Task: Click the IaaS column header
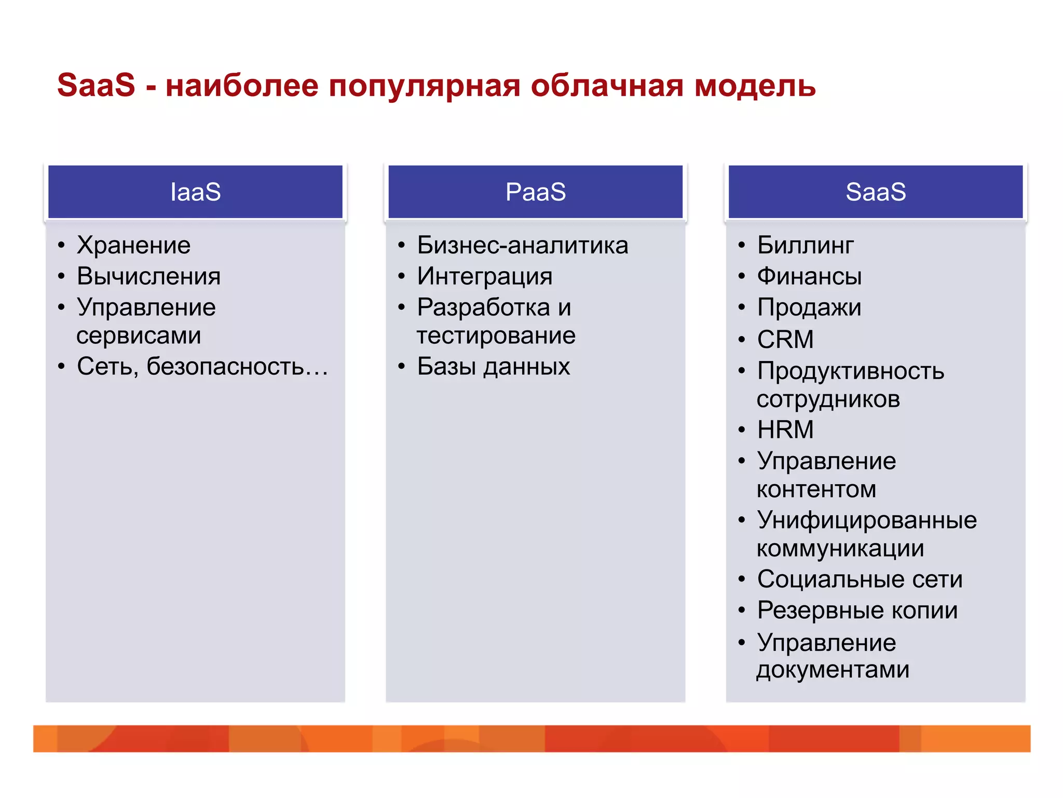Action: [x=195, y=192]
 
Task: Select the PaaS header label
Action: [x=535, y=192]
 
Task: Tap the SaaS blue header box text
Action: [x=876, y=192]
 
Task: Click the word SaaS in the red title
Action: [x=96, y=85]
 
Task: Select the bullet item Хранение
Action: [x=133, y=245]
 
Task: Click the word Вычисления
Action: [x=148, y=276]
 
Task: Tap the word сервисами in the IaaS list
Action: [x=139, y=336]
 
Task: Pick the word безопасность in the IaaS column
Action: [x=225, y=367]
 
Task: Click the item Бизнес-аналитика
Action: [x=522, y=245]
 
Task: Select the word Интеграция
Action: [x=484, y=276]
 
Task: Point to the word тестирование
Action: [x=496, y=336]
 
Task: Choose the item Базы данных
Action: [x=493, y=367]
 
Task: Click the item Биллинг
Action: [x=805, y=245]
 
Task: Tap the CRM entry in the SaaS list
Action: [x=785, y=340]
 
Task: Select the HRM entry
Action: [x=785, y=430]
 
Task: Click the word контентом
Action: [x=816, y=489]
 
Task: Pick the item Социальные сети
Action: [x=860, y=579]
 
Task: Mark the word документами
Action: [x=833, y=670]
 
